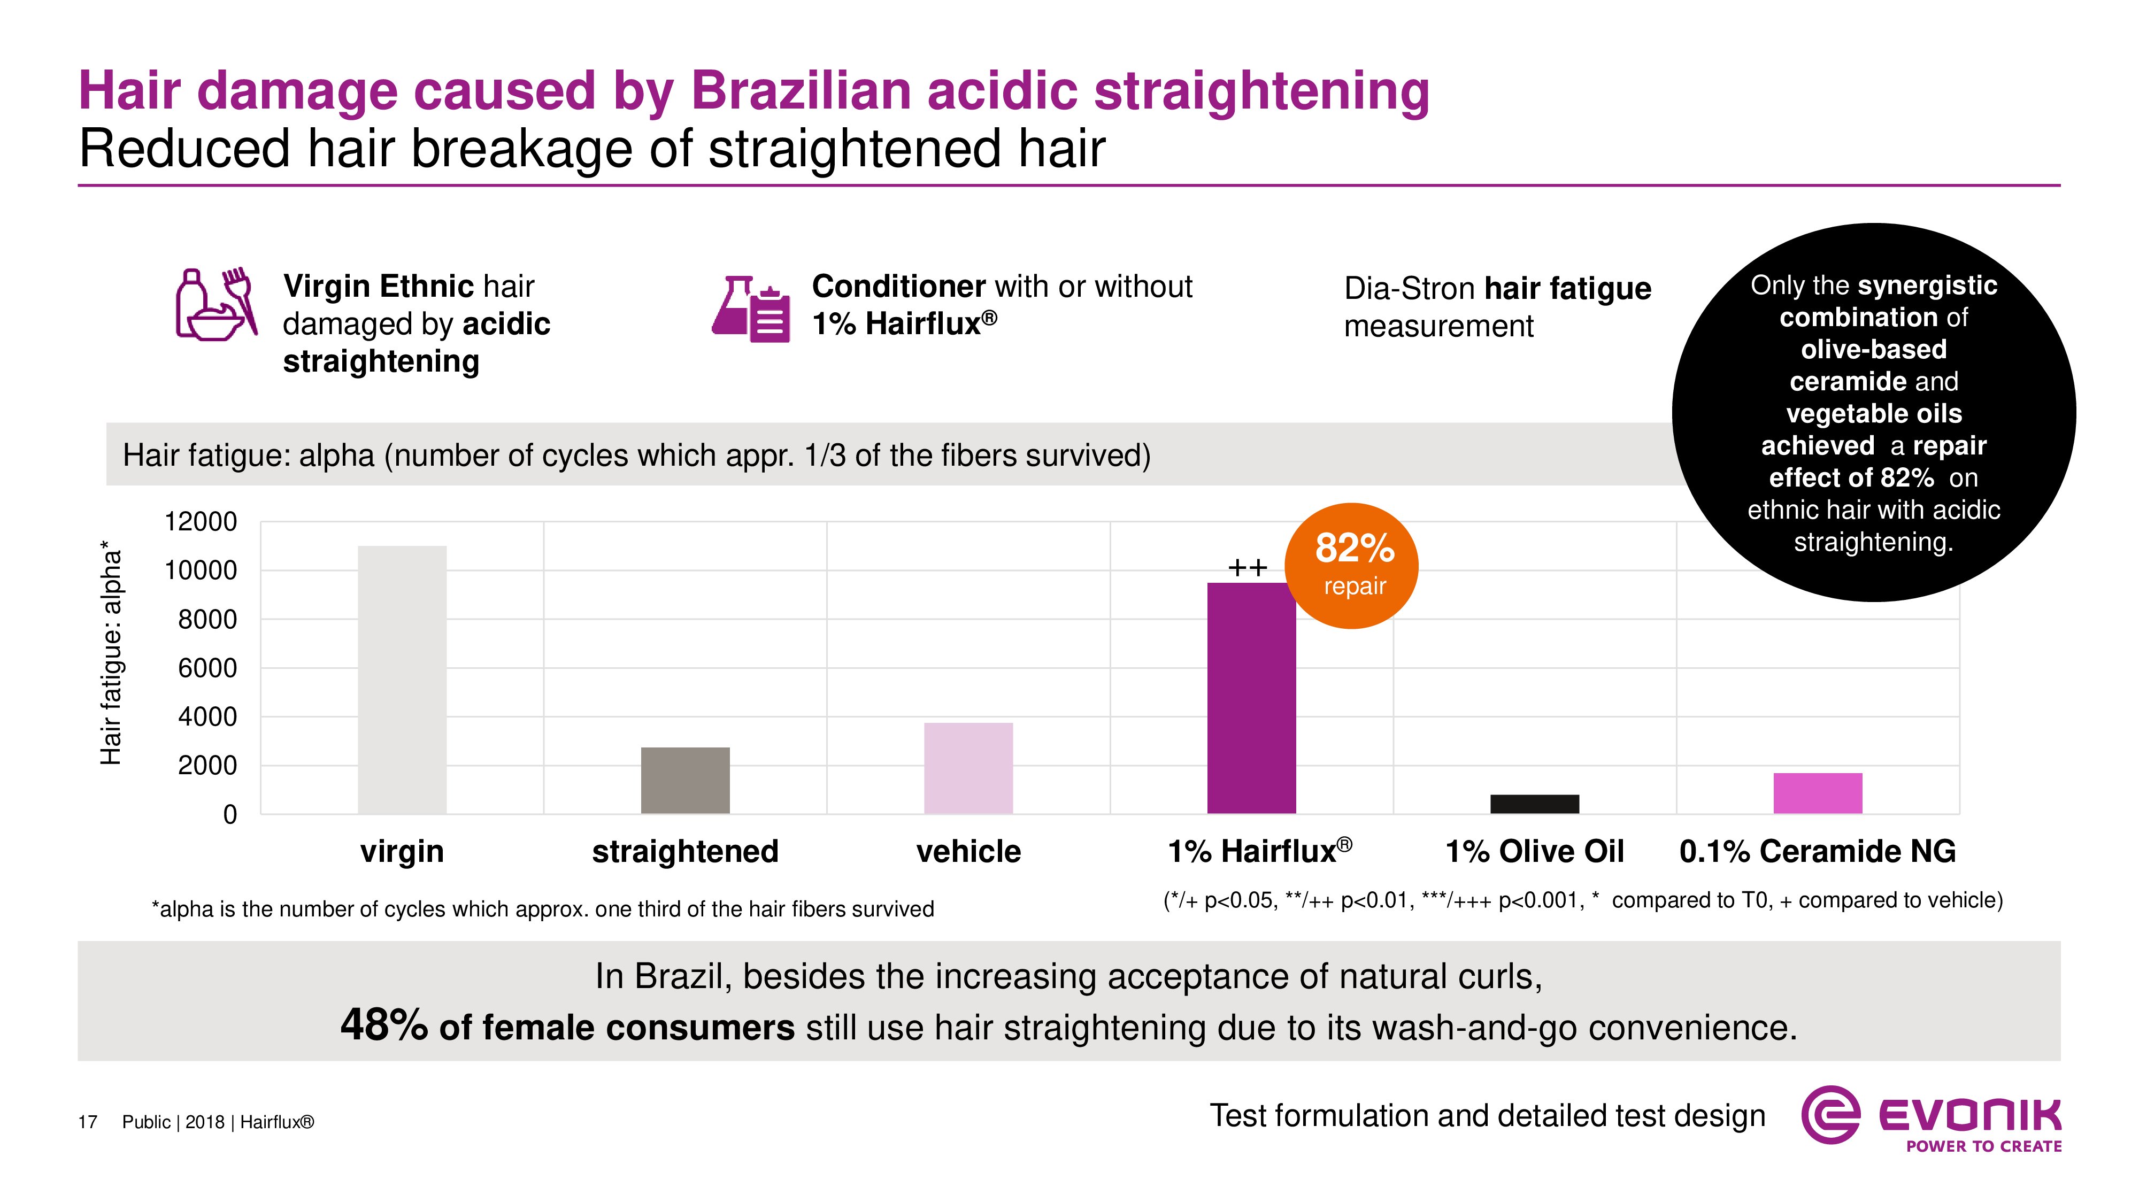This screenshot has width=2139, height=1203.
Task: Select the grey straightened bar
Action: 685,781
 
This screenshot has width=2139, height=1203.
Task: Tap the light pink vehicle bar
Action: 968,768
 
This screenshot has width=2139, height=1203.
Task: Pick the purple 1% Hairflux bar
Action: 1251,697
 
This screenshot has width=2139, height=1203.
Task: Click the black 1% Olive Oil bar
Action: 1535,804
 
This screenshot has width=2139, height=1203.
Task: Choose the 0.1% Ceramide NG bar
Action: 1818,793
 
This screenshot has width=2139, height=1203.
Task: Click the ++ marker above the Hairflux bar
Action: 1247,568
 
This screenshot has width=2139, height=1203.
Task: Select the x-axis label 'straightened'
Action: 685,851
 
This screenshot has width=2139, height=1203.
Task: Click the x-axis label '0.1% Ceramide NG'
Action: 1818,851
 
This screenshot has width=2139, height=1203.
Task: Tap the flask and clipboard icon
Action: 751,309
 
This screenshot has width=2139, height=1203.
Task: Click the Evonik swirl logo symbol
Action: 1829,1115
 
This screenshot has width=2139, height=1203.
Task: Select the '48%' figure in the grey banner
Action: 383,1025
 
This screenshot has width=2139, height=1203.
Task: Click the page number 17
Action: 88,1122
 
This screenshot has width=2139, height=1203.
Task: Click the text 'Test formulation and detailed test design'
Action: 1487,1116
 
